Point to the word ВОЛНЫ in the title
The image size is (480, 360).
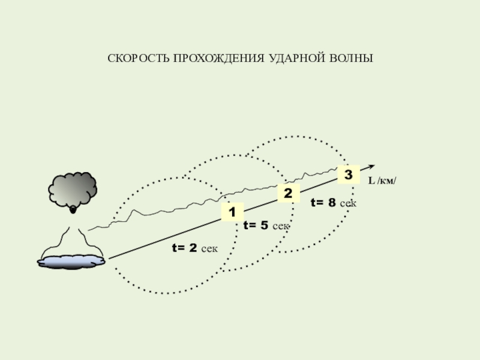351,59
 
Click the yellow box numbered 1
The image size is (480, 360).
232,212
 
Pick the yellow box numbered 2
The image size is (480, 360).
288,193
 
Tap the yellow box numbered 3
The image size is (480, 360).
348,174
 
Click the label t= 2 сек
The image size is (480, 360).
194,247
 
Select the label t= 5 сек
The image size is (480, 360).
266,226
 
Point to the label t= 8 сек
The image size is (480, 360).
333,203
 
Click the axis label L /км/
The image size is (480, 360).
382,181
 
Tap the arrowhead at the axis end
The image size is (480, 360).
371,167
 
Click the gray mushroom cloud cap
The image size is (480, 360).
72,189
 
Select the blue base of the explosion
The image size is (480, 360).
71,260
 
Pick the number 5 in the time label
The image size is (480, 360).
263,226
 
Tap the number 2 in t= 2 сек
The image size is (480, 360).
192,247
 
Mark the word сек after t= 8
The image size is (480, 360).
348,204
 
